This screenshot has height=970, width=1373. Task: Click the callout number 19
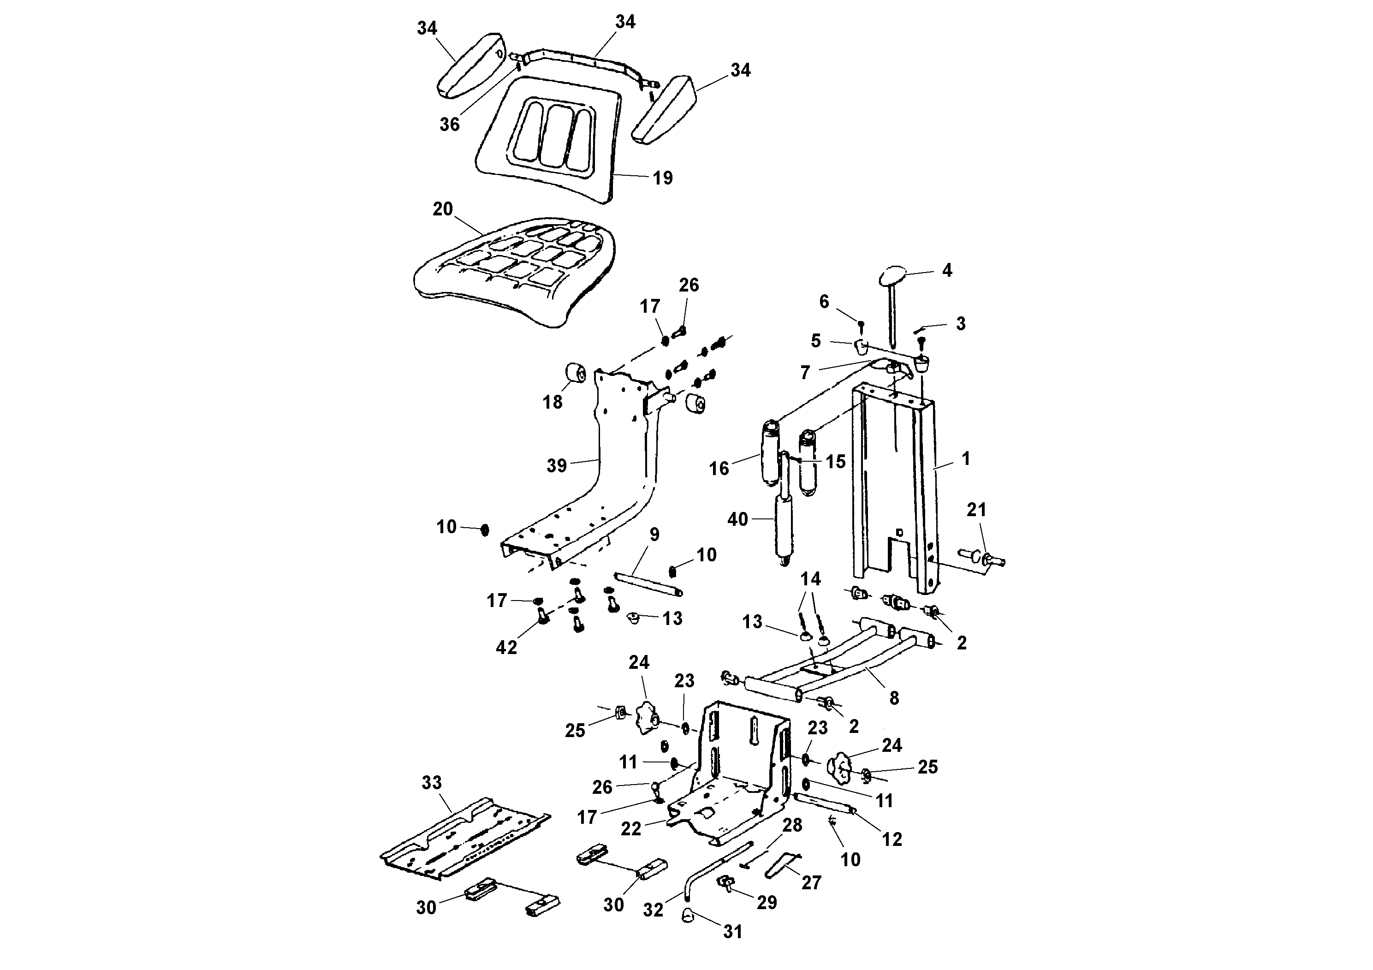coord(663,178)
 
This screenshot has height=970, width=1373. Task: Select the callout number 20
coord(442,209)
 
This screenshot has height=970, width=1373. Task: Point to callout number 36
coord(450,125)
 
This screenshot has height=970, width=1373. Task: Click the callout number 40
coord(738,519)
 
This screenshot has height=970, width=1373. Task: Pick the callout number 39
coord(557,465)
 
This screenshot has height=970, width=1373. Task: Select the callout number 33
coord(432,782)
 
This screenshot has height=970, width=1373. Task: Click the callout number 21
coord(976,510)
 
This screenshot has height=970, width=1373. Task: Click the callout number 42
coord(506,647)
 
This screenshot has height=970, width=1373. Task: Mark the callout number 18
coord(553,402)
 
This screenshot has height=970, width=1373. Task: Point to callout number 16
coord(719,468)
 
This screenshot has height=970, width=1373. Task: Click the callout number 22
coord(631,828)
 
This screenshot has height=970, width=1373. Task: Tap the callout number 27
coord(811,883)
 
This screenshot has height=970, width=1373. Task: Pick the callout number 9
coord(654,535)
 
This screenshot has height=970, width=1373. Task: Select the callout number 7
coord(805,373)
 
